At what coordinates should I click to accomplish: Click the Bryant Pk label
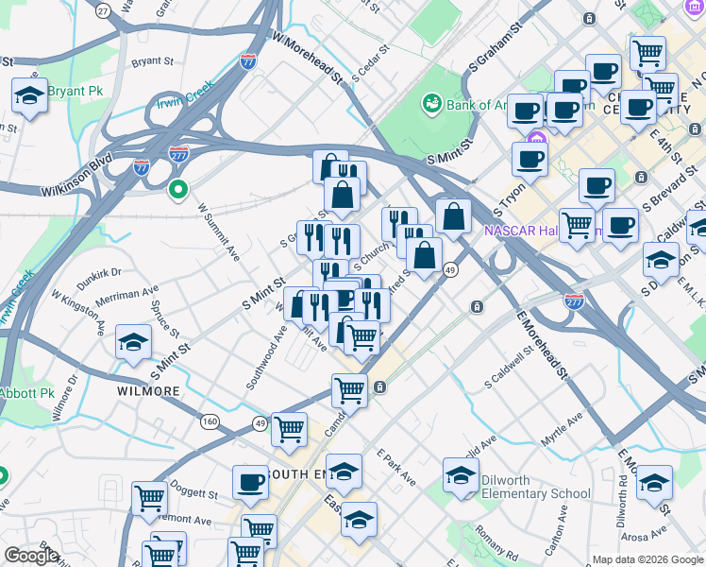pos(75,91)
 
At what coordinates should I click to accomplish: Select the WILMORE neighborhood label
pos(148,390)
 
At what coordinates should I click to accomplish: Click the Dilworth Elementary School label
pos(536,486)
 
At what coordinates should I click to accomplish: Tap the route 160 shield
pos(209,421)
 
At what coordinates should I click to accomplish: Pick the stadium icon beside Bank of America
pos(432,101)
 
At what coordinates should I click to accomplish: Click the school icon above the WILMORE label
pos(133,342)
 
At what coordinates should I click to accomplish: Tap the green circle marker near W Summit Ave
pos(177,191)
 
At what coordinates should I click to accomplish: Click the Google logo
pos(31,556)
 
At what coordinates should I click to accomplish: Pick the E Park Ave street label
pos(396,467)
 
